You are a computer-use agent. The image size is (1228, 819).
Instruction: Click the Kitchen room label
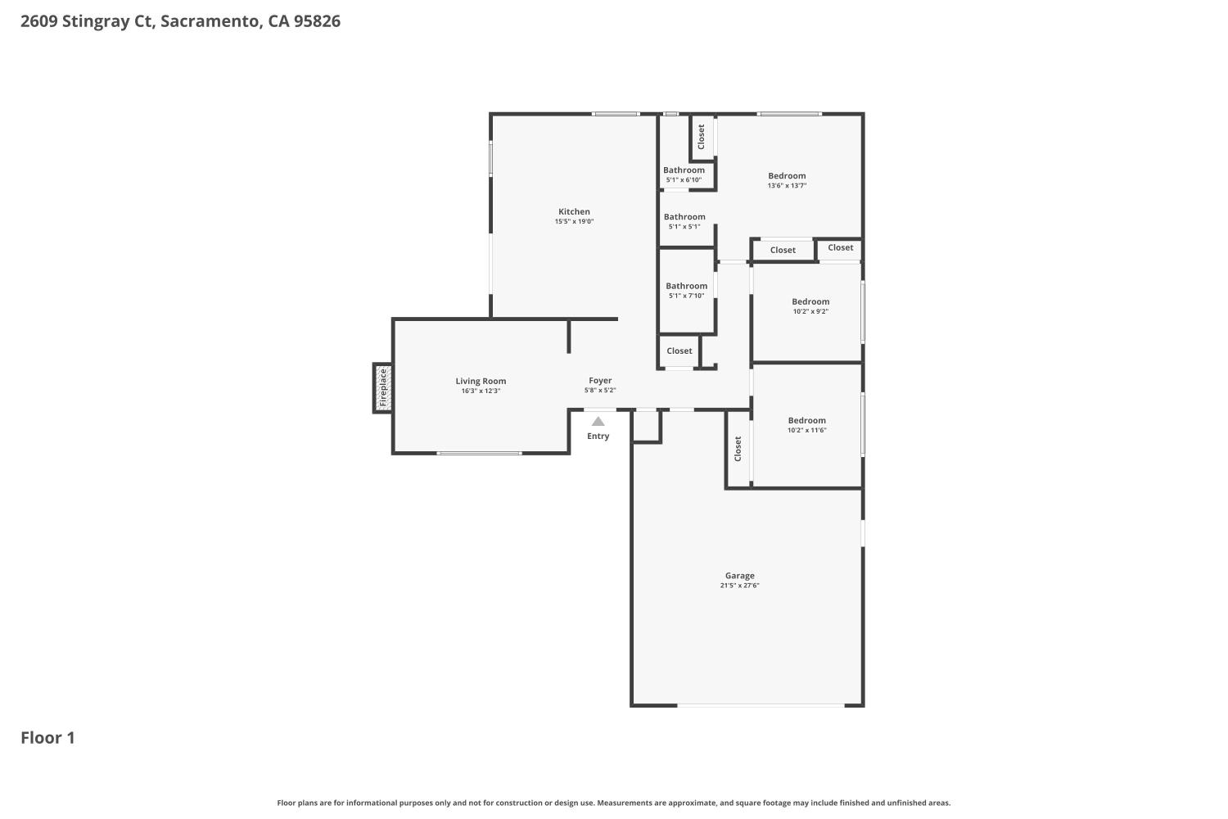(x=574, y=211)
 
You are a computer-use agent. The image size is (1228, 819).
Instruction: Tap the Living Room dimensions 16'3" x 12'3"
(x=481, y=391)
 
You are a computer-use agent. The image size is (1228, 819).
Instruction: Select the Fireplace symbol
(x=382, y=387)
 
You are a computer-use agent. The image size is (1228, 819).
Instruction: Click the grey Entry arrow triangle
(x=598, y=422)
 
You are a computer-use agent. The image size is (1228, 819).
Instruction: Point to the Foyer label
(x=600, y=380)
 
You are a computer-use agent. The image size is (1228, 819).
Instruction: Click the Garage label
(x=739, y=576)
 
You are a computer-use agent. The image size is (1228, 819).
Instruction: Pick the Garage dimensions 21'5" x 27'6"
(x=739, y=586)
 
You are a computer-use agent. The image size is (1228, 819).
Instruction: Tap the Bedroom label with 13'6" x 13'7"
(x=787, y=175)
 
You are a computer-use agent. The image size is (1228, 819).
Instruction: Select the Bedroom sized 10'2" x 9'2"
(x=810, y=301)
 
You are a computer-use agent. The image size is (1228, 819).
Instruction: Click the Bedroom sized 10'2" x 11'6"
(x=807, y=420)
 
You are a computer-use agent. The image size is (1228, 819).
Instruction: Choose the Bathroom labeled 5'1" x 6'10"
(x=684, y=170)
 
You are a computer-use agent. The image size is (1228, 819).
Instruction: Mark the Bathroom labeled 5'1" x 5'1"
(x=684, y=217)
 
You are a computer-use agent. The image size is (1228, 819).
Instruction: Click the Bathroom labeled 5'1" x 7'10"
(x=686, y=286)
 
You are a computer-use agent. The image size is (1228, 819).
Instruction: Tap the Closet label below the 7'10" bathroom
(x=679, y=351)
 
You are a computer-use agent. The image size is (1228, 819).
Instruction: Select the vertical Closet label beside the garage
(x=738, y=448)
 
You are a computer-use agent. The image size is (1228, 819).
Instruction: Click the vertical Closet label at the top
(x=702, y=137)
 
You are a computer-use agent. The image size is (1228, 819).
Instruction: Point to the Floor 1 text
(x=47, y=738)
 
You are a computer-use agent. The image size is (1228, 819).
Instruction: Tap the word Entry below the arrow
(x=598, y=436)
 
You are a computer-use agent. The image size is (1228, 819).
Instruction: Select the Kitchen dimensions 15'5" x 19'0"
(x=574, y=222)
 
